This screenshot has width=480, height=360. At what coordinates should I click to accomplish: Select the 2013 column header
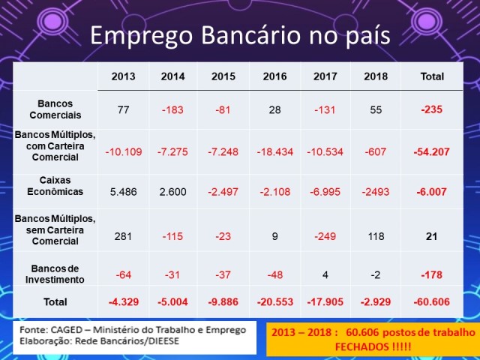tap(124, 76)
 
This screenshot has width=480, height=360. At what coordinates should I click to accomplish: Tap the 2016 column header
tap(274, 76)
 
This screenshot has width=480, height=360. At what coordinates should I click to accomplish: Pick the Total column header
tap(432, 76)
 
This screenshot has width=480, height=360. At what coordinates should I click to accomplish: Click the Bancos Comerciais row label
tap(55, 109)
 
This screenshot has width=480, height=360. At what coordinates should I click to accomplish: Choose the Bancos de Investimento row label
tap(55, 274)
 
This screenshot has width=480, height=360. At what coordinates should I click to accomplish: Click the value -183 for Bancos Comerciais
tap(173, 109)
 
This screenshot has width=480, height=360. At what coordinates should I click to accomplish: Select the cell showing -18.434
tap(274, 151)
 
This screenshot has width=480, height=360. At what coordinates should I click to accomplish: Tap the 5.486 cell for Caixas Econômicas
tap(124, 192)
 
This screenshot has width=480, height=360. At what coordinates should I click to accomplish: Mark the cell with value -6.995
tap(325, 192)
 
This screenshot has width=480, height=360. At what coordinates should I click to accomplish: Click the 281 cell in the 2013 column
tap(124, 236)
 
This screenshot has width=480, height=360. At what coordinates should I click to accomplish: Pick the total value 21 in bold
tap(431, 236)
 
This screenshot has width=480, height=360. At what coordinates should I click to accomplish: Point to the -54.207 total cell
tap(431, 151)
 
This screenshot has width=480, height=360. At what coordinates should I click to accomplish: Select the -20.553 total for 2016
tap(274, 302)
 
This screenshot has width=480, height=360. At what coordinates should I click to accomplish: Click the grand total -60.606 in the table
tap(431, 302)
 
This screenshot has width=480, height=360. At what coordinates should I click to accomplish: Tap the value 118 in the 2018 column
tap(376, 236)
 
